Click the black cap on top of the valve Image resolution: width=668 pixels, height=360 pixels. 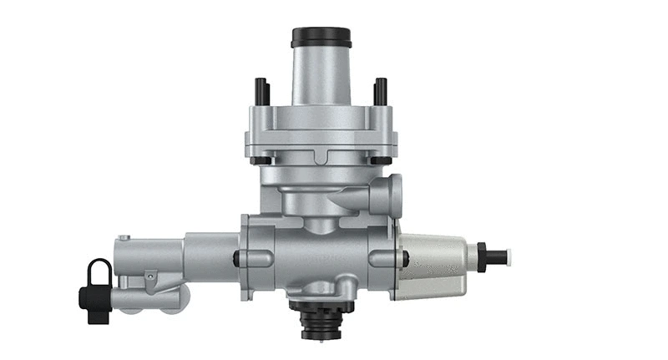(321, 38)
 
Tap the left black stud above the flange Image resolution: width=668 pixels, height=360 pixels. (261, 91)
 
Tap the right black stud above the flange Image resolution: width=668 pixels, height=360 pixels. (381, 91)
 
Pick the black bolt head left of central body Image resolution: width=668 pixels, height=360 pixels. (237, 260)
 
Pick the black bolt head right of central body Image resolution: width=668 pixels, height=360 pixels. (405, 260)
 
